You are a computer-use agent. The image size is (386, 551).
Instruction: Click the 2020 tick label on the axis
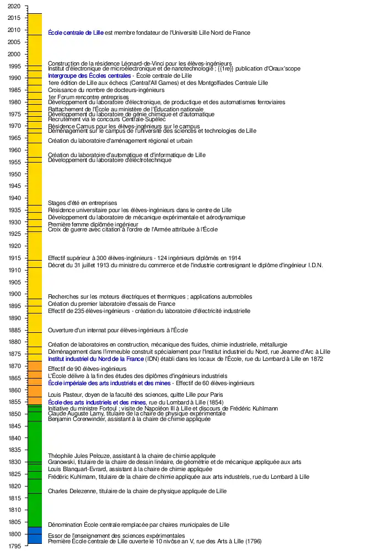pyautogui.click(x=14, y=6)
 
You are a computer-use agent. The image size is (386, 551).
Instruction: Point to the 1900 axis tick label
pyautogui.click(x=14, y=294)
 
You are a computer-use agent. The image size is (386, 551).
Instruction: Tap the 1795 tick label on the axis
pyautogui.click(x=14, y=546)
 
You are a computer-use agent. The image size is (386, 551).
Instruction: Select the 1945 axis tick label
pyautogui.click(x=14, y=186)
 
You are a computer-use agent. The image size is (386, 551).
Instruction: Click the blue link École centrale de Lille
pyautogui.click(x=76, y=33)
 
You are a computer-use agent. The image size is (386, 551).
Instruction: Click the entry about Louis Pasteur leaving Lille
pyautogui.click(x=136, y=395)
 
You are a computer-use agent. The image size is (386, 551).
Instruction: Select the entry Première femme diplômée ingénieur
pyautogui.click(x=93, y=225)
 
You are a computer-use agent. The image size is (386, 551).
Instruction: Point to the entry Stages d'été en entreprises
pyautogui.click(x=82, y=203)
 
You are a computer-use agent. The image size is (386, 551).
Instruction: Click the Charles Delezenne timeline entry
pyautogui.click(x=137, y=491)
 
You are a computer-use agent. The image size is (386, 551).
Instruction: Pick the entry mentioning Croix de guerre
pyautogui.click(x=132, y=229)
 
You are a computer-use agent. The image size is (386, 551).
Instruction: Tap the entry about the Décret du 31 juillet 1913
pyautogui.click(x=185, y=266)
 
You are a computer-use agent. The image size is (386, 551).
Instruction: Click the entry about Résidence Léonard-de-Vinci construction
pyautogui.click(x=140, y=63)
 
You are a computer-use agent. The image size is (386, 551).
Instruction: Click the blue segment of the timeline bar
pyautogui.click(x=35, y=535)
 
